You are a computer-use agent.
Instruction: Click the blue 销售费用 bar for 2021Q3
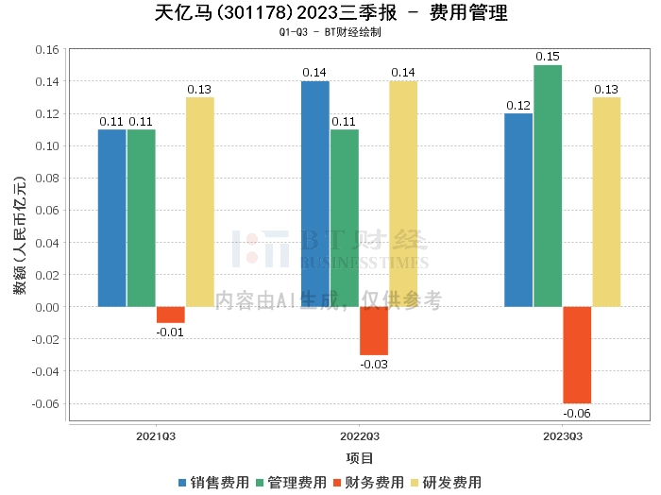111,217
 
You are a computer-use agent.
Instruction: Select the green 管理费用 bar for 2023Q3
548,185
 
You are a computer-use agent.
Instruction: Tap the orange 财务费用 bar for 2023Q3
577,354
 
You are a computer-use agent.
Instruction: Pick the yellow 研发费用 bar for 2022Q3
403,194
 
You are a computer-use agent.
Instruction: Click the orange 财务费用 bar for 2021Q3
171,315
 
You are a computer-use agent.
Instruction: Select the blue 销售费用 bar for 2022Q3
315,194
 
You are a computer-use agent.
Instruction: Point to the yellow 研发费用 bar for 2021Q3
199,201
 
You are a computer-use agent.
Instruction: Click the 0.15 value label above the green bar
548,57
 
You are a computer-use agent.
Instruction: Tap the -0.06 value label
577,413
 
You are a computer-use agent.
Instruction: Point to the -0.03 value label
374,364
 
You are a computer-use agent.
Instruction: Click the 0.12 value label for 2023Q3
518,105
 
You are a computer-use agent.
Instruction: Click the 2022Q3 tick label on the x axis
359,436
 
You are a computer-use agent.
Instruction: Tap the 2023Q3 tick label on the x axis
562,436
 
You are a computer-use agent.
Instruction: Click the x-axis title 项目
359,458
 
